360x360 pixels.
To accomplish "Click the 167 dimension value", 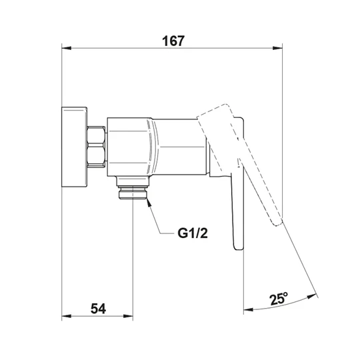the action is [173, 41].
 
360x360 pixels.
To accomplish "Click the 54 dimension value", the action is [98, 309].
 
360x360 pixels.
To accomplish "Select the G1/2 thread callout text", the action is [193, 233].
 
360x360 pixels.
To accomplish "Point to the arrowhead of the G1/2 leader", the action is [148, 201].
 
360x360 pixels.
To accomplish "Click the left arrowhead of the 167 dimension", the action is [67, 48].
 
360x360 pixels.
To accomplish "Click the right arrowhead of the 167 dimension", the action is [277, 48].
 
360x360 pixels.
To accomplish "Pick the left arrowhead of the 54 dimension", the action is [67, 316].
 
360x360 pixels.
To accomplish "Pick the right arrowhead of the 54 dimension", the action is [128, 316].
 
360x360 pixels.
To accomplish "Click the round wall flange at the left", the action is [75, 147].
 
